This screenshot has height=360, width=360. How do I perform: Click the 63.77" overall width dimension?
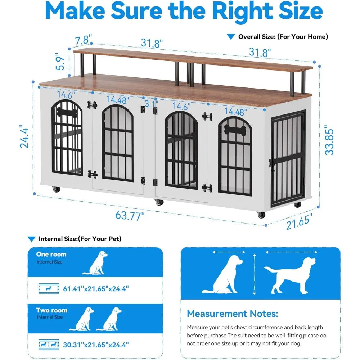pyautogui.click(x=130, y=216)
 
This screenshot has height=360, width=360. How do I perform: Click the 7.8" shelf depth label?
pyautogui.click(x=84, y=39)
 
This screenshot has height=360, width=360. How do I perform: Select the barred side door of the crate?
pyautogui.click(x=288, y=158)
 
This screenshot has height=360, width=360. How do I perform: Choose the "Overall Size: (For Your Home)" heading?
pyautogui.click(x=283, y=37)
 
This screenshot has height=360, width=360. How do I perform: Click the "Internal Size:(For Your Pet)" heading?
pyautogui.click(x=80, y=239)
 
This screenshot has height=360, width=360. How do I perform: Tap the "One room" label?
pyautogui.click(x=51, y=254)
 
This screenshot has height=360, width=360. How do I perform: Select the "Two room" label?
pyautogui.click(x=51, y=310)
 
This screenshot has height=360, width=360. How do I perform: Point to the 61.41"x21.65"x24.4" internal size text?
pyautogui.click(x=96, y=288)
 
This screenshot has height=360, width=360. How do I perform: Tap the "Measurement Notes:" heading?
pyautogui.click(x=232, y=314)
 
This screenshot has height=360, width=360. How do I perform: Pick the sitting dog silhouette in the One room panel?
pyautogui.click(x=96, y=263)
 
